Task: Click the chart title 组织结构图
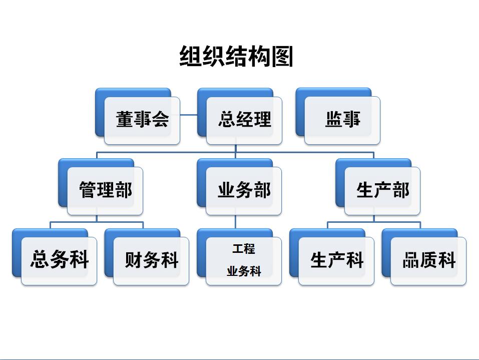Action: click(x=236, y=56)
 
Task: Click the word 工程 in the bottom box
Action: click(x=243, y=249)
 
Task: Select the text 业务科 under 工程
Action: click(x=244, y=271)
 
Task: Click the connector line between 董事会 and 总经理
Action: click(x=189, y=115)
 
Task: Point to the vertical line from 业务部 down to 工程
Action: click(x=236, y=222)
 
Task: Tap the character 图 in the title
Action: click(x=282, y=56)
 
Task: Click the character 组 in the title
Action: click(x=190, y=56)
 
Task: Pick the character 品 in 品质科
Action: click(x=411, y=260)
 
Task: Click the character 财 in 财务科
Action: click(x=134, y=260)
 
